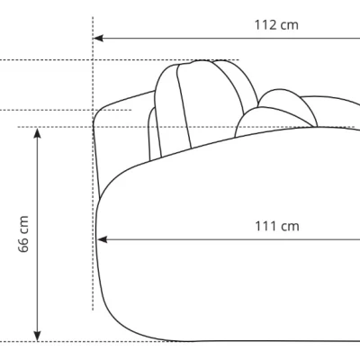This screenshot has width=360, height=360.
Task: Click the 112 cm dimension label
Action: (x=276, y=25)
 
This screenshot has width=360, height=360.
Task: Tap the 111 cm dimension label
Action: (x=277, y=226)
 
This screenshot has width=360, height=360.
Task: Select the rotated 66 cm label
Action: (x=23, y=234)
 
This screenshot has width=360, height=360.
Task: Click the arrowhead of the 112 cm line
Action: (x=98, y=39)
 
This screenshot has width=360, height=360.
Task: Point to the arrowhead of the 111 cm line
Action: (x=103, y=239)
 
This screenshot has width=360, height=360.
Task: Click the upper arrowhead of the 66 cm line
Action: (x=37, y=133)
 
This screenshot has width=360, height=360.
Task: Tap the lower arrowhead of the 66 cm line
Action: (x=37, y=336)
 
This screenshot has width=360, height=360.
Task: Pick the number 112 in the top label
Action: (x=265, y=25)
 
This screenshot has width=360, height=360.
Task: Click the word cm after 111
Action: (x=290, y=227)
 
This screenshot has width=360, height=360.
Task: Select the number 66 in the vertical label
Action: (x=23, y=246)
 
